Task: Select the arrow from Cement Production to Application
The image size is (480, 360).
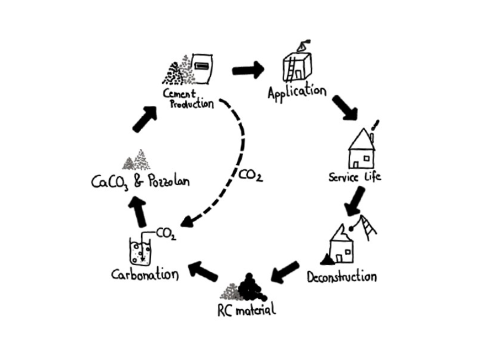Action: tap(248, 70)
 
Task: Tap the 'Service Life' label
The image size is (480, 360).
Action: tap(354, 178)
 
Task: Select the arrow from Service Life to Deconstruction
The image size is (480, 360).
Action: tap(354, 201)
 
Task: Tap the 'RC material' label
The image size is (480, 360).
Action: tap(246, 309)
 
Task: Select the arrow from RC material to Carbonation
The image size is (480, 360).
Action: tap(202, 270)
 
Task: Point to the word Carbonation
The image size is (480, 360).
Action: tap(145, 274)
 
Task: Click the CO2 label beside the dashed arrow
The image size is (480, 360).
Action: tap(250, 176)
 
